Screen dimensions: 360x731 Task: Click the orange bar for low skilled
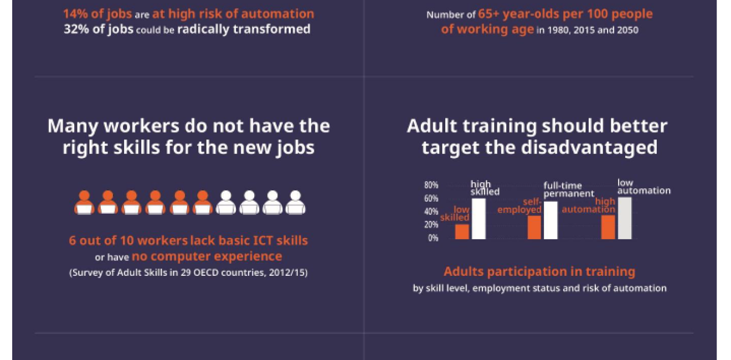pos(462,232)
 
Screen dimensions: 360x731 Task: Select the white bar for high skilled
pos(478,218)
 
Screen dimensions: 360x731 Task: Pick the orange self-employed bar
pos(534,227)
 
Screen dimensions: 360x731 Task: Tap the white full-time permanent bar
pos(550,220)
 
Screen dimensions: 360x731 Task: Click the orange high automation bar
pos(608,227)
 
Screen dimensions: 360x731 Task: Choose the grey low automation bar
pos(625,218)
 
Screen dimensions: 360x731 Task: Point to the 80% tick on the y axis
pos(431,185)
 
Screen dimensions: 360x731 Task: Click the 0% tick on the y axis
pos(433,238)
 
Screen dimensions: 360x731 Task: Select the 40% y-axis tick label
pos(431,212)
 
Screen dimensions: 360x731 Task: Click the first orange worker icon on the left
pos(85,203)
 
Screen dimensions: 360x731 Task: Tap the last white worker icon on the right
pos(295,203)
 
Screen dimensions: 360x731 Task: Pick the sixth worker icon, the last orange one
pos(203,203)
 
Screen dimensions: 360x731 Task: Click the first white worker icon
pos(226,203)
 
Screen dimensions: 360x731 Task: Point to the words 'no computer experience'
pos(207,256)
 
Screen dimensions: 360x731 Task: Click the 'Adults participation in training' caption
pos(539,271)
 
